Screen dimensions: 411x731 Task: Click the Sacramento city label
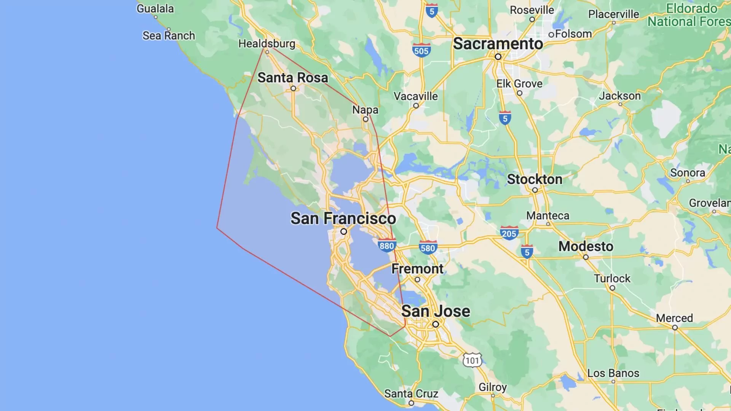pyautogui.click(x=498, y=44)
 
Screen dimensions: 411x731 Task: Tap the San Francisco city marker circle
pyautogui.click(x=343, y=231)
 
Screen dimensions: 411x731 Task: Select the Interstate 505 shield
pyautogui.click(x=421, y=50)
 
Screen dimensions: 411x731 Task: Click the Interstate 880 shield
pyautogui.click(x=386, y=245)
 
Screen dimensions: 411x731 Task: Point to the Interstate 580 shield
pyautogui.click(x=428, y=248)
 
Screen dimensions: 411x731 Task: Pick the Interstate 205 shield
pyautogui.click(x=509, y=233)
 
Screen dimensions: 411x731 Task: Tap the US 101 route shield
pyautogui.click(x=472, y=360)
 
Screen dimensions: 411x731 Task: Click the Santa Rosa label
pyautogui.click(x=292, y=78)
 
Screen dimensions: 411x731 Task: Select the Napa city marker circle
pyautogui.click(x=365, y=119)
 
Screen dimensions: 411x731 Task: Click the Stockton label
pyautogui.click(x=534, y=179)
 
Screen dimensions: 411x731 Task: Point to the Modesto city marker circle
pyautogui.click(x=586, y=257)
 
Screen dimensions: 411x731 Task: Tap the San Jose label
pyautogui.click(x=436, y=311)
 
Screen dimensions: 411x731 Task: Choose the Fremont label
pyautogui.click(x=417, y=269)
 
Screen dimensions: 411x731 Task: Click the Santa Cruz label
pyautogui.click(x=411, y=393)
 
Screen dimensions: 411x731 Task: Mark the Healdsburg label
pyautogui.click(x=267, y=44)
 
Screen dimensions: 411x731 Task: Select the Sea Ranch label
pyautogui.click(x=169, y=36)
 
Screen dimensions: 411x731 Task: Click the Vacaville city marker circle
pyautogui.click(x=416, y=106)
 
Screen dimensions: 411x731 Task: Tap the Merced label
pyautogui.click(x=674, y=318)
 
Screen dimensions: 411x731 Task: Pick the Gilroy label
pyautogui.click(x=492, y=387)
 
